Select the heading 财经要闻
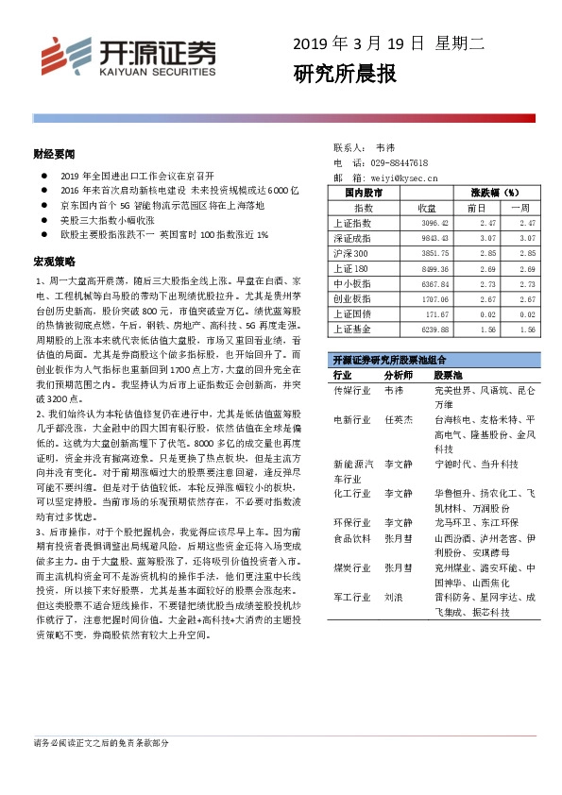50,152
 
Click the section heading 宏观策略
50,259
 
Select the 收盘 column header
426,207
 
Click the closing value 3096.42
427,223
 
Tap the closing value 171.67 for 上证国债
430,313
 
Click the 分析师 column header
399,375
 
